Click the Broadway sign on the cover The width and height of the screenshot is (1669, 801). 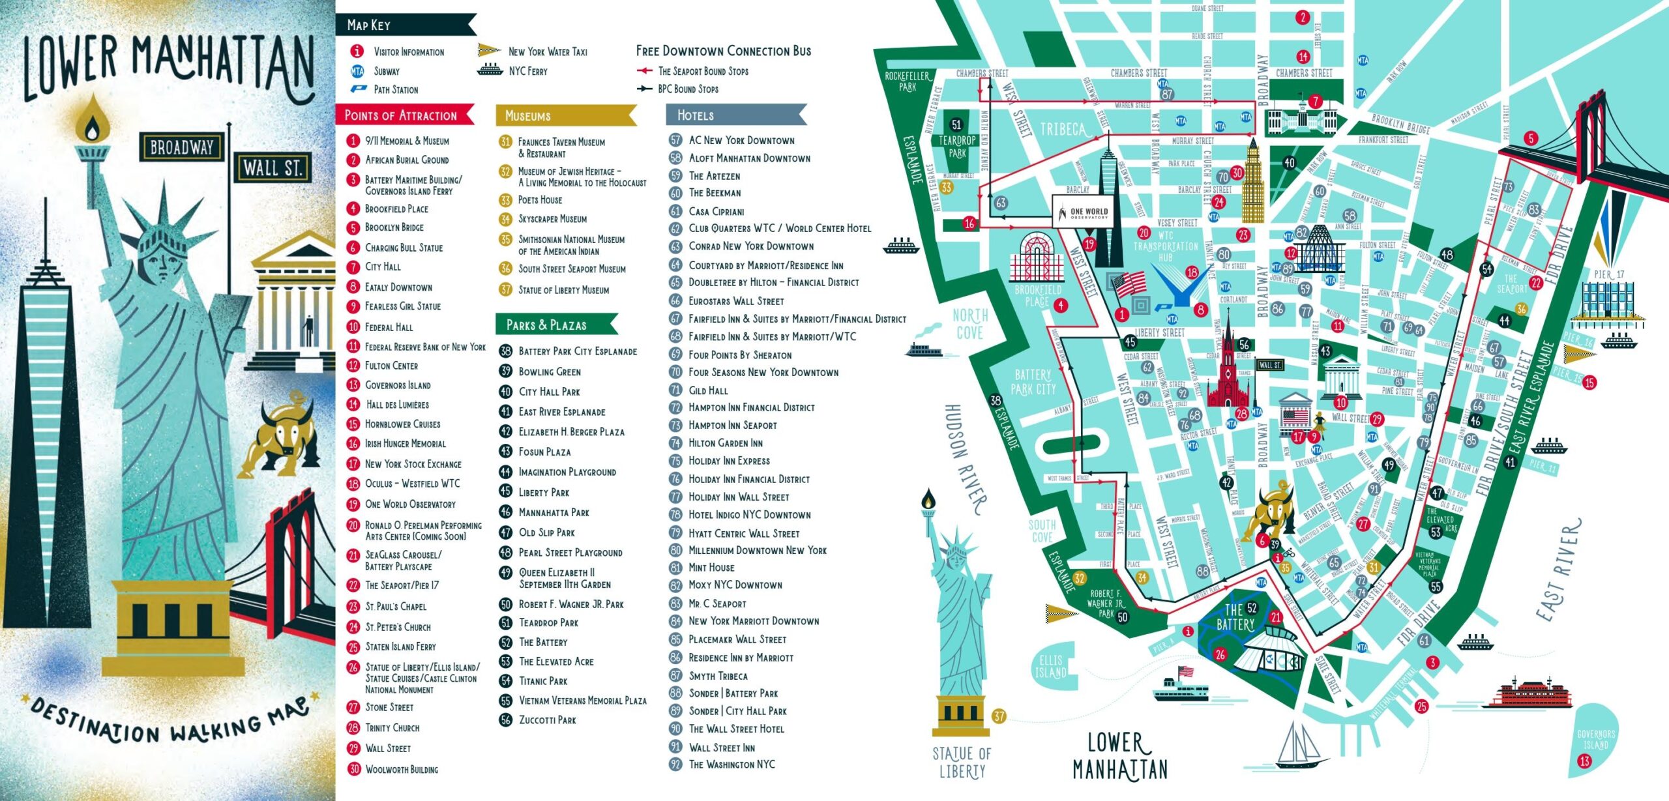182,147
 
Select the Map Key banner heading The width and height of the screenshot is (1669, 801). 369,25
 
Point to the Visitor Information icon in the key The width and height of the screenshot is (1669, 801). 357,51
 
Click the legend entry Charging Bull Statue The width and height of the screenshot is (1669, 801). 404,248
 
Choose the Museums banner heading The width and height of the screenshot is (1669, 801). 528,116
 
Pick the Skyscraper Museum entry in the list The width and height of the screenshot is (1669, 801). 552,219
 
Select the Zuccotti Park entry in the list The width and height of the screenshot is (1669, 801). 547,720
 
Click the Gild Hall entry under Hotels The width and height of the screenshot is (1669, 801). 708,390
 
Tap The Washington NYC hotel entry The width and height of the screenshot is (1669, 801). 731,765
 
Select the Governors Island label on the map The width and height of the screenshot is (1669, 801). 1596,740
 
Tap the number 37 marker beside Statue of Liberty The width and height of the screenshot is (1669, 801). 999,717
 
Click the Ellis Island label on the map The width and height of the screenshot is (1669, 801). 1050,667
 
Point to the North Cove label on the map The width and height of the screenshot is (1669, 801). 970,324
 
